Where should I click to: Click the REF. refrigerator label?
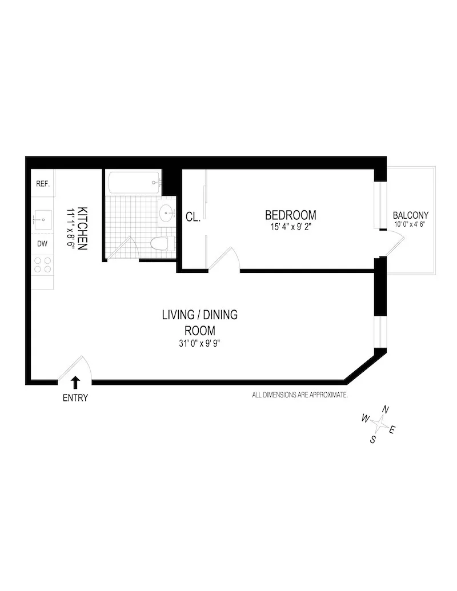coord(43,184)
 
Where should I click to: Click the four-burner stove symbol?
coord(43,264)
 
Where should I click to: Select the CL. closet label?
coord(193,217)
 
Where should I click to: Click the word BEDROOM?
coord(290,215)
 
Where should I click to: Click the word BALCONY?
coord(410,215)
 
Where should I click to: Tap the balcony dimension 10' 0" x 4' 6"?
coord(410,224)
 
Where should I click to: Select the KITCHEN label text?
coord(82,228)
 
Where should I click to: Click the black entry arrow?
coord(75,382)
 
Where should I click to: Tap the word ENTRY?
coord(75,398)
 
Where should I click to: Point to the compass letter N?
coord(386,409)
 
